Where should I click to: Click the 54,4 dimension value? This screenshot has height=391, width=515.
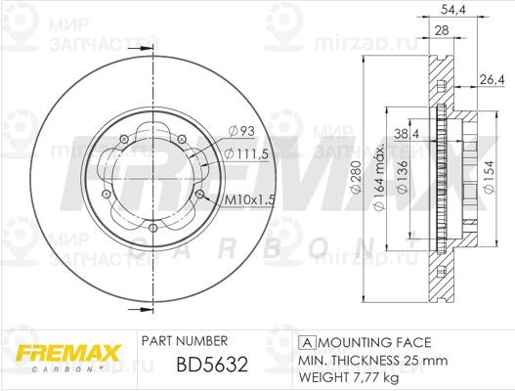pyautogui.click(x=452, y=10)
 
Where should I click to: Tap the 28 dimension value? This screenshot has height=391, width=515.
pyautogui.click(x=442, y=30)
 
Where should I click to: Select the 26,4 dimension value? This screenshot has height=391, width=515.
pyautogui.click(x=492, y=79)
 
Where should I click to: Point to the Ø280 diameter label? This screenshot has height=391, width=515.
pyautogui.click(x=357, y=177)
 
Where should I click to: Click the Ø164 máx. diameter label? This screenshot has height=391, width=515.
pyautogui.click(x=379, y=178)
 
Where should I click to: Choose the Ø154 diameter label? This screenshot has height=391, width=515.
pyautogui.click(x=489, y=178)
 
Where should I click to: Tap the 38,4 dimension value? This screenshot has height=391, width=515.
pyautogui.click(x=407, y=134)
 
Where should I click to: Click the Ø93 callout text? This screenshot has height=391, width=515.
pyautogui.click(x=241, y=131)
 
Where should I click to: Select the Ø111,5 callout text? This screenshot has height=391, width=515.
pyautogui.click(x=246, y=153)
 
